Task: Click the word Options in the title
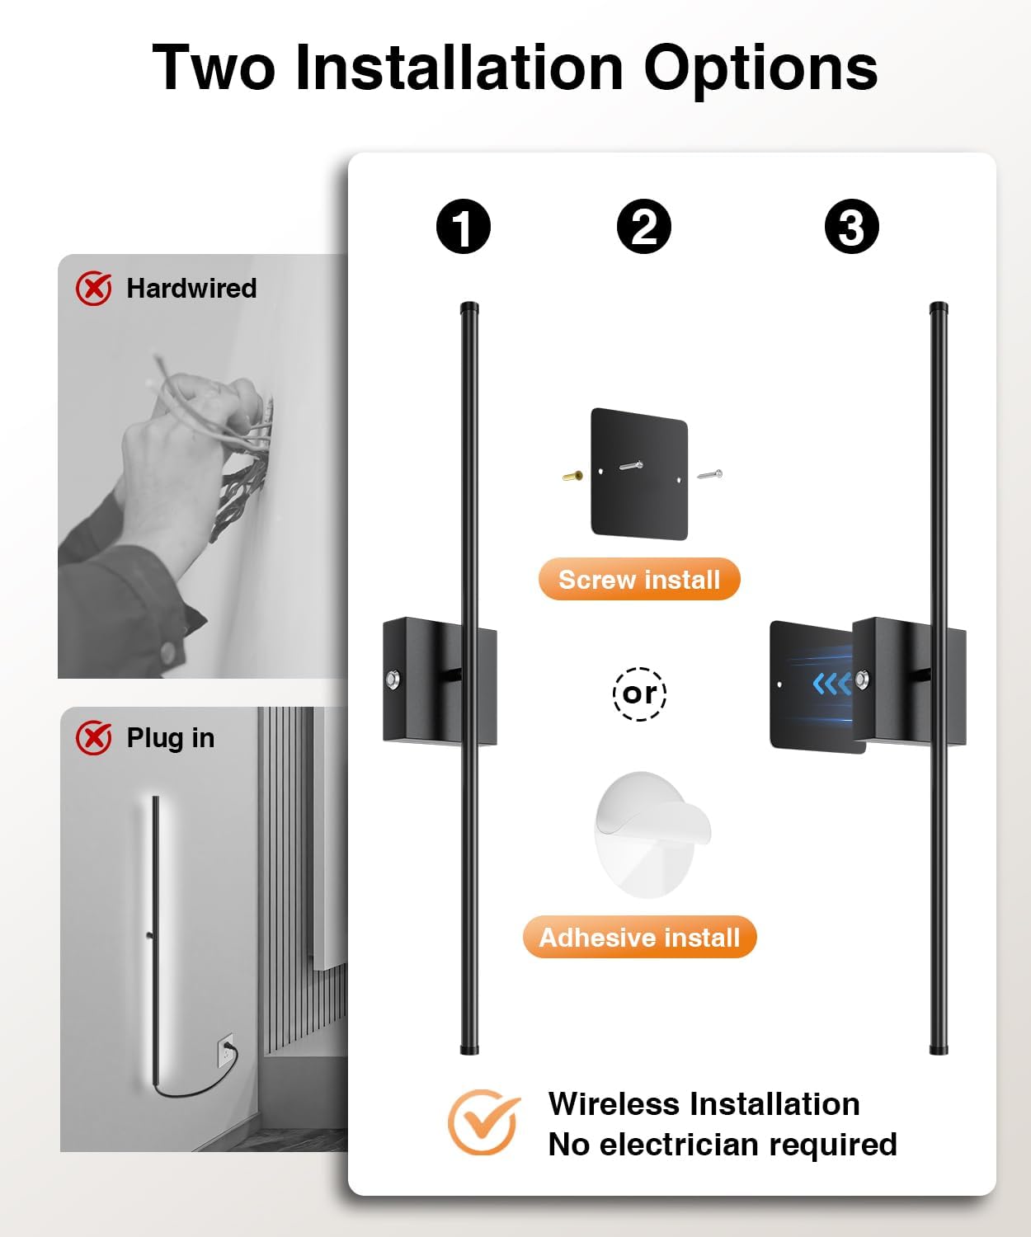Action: (x=760, y=68)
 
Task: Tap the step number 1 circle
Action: (x=464, y=227)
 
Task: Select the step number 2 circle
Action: (x=643, y=227)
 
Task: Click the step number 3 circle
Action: (x=851, y=227)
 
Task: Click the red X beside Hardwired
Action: (x=94, y=289)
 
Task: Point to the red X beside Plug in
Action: (x=94, y=738)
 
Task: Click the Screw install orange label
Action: (x=639, y=580)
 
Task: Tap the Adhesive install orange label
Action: (x=639, y=938)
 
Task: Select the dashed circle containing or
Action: (x=639, y=694)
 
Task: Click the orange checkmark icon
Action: (x=484, y=1122)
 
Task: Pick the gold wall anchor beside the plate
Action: (x=572, y=476)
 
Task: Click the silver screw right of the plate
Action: (x=709, y=475)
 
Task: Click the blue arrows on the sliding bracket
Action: (x=831, y=684)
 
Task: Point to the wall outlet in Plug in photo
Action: (x=225, y=1051)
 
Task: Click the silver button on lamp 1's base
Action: (x=393, y=680)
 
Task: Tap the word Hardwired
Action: (x=191, y=289)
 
